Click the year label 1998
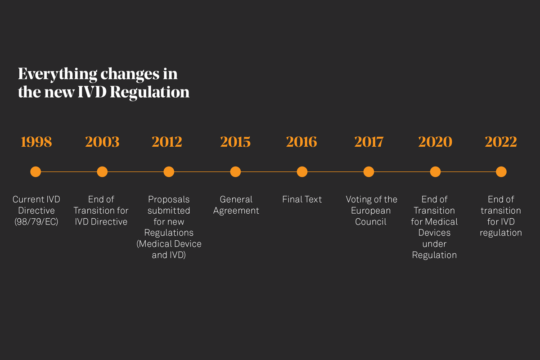click(36, 142)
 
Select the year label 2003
click(102, 142)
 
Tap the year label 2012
click(167, 142)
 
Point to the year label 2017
click(369, 142)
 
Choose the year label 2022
click(501, 142)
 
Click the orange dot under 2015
click(235, 171)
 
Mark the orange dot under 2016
click(302, 171)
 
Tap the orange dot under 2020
click(435, 171)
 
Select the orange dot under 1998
click(36, 171)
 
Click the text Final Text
click(302, 199)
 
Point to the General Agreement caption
click(236, 205)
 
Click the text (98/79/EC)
click(36, 222)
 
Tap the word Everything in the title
click(58, 74)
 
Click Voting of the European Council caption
click(371, 210)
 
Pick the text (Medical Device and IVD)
click(169, 249)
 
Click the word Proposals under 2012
click(169, 199)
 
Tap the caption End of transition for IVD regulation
click(500, 216)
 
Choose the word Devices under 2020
click(434, 233)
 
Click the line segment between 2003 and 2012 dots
click(135, 171)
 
